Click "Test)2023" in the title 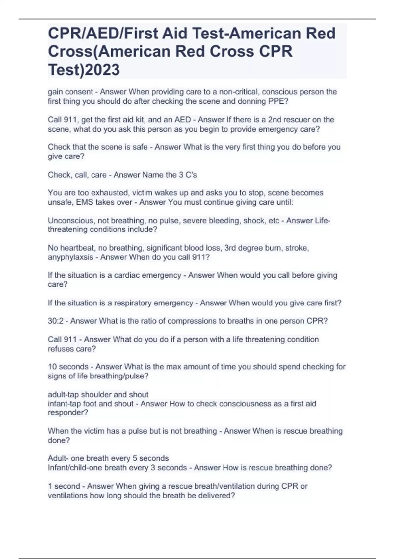coord(84,70)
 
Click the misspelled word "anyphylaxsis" coord(70,257)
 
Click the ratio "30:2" coord(56,321)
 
